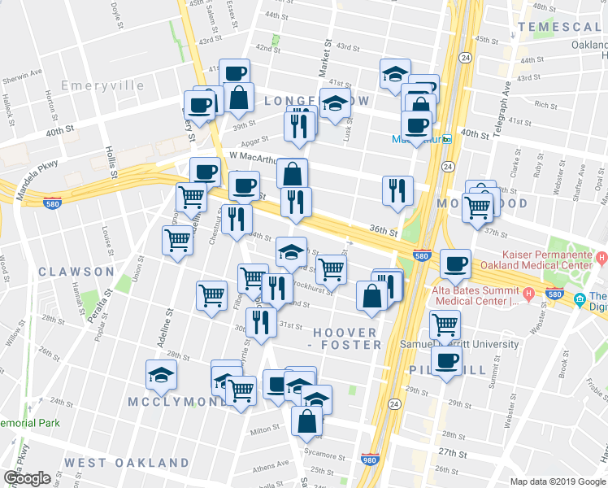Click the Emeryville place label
[102, 85]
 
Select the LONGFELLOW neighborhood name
[316, 101]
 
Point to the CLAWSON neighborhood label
[75, 271]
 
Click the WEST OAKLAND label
[127, 462]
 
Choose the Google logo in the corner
[27, 478]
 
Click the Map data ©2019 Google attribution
[558, 481]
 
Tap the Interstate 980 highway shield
[369, 460]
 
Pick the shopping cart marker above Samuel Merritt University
[445, 324]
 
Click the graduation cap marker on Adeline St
[161, 375]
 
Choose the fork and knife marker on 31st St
[261, 322]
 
